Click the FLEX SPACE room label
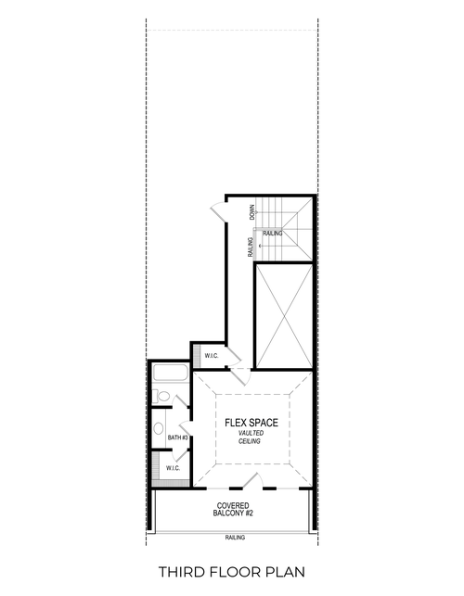point(251,423)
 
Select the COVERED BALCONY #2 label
point(233,511)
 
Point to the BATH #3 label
point(178,437)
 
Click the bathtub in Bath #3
point(171,375)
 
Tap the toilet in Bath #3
point(164,397)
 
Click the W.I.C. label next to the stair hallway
point(210,356)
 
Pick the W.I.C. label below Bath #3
point(173,469)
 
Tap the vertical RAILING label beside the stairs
point(251,247)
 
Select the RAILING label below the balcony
point(234,538)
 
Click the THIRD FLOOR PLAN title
point(232,572)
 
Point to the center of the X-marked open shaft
point(282,315)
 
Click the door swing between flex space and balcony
point(249,479)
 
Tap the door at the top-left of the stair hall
point(216,209)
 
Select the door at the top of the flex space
point(239,374)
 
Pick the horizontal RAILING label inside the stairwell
point(272,234)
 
